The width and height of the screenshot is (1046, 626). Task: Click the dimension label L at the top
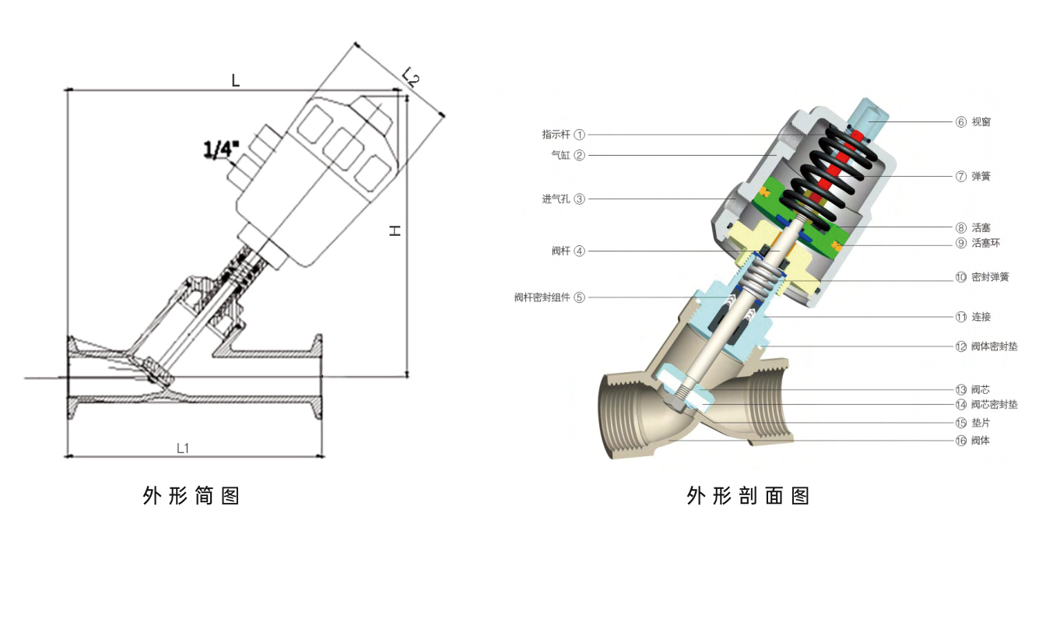click(236, 79)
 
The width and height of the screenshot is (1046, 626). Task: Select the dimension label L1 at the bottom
click(184, 448)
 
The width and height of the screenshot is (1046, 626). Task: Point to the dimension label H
click(395, 231)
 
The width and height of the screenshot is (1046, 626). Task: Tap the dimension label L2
click(411, 76)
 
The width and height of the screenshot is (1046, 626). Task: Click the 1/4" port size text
click(221, 149)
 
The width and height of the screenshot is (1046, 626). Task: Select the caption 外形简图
click(191, 496)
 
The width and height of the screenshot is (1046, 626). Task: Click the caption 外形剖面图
click(748, 496)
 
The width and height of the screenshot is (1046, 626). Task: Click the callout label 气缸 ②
click(567, 155)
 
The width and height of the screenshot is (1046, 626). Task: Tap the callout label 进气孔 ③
click(563, 199)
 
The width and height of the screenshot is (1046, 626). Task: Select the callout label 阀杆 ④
click(567, 251)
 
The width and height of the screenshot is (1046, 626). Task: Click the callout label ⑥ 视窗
click(974, 121)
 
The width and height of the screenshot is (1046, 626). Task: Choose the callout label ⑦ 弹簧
click(974, 177)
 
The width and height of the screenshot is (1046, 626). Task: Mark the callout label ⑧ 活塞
click(974, 227)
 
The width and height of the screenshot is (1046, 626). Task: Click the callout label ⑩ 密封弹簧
click(982, 277)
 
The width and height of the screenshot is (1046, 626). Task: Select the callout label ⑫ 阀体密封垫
click(986, 346)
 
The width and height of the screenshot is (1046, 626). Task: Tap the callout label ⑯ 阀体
click(974, 441)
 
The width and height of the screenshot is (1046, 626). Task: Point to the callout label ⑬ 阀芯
click(974, 389)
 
